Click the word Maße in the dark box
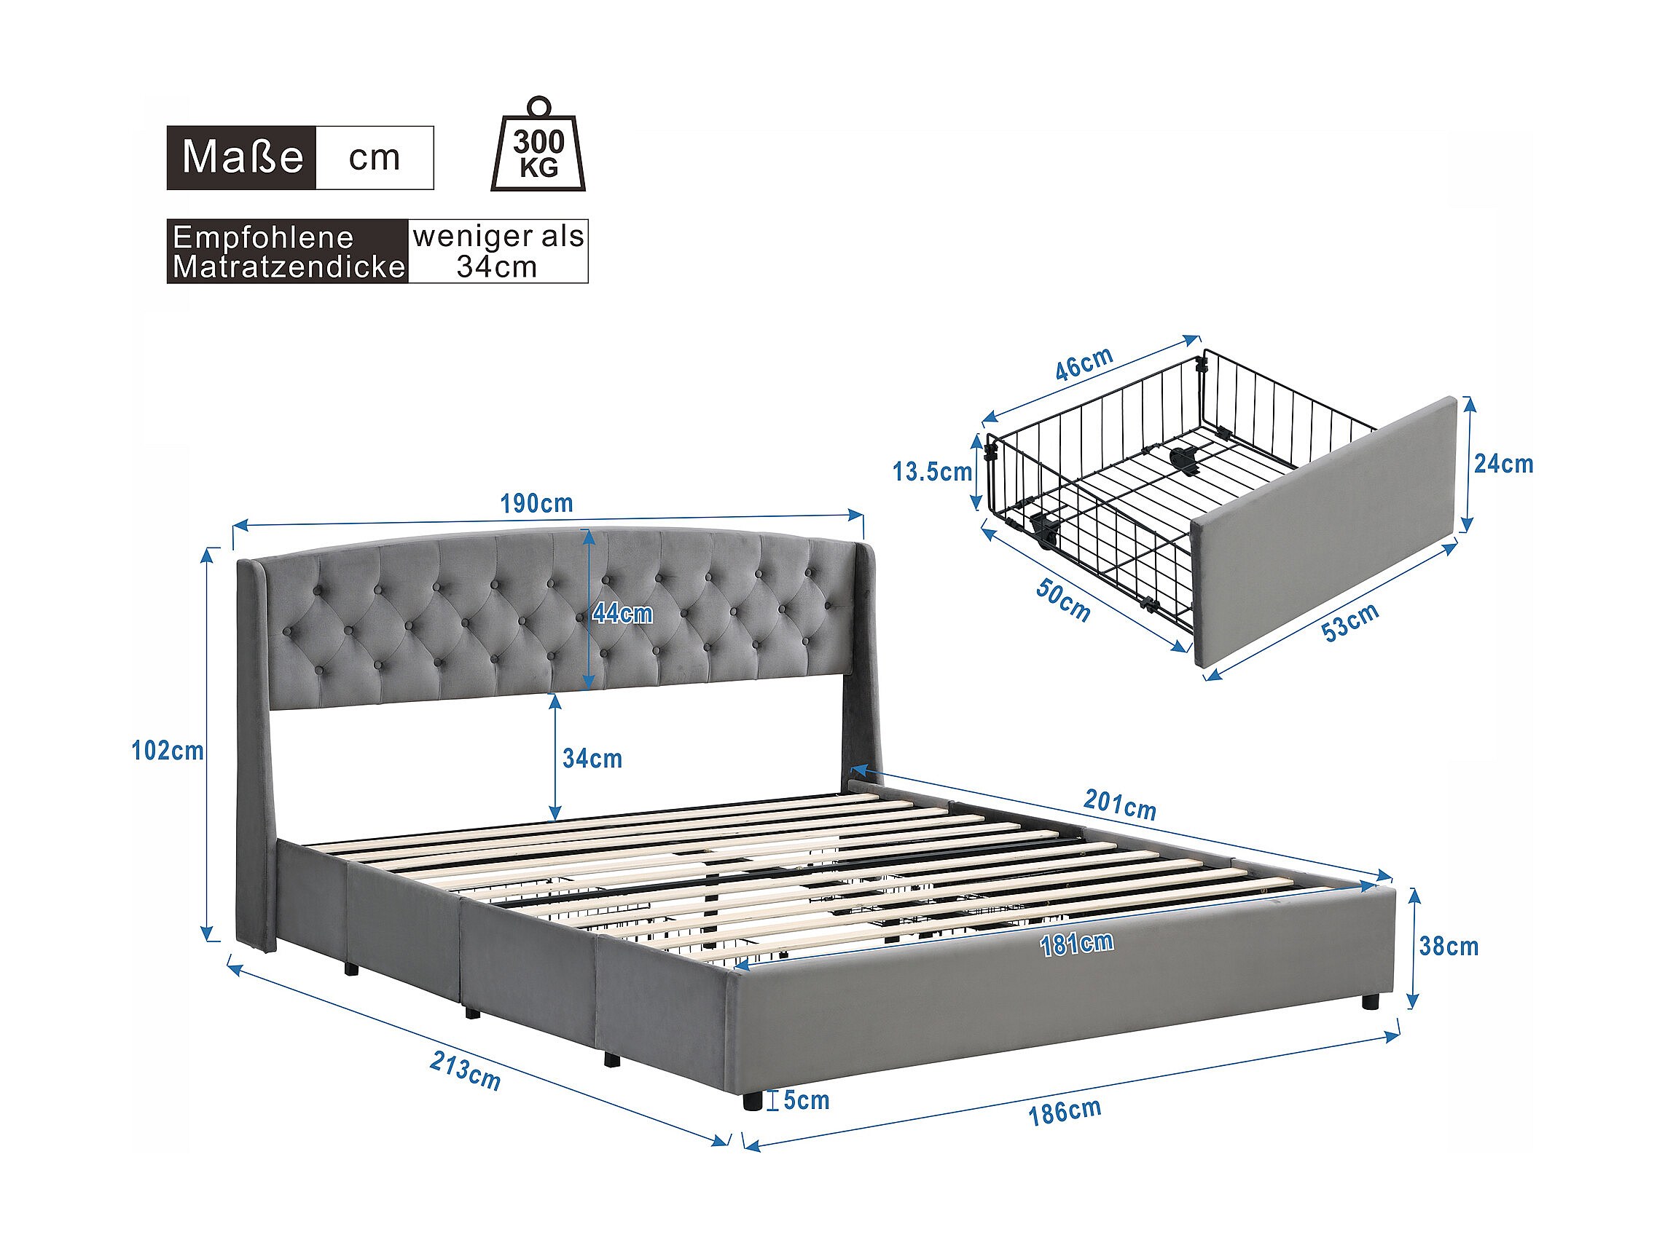tap(243, 157)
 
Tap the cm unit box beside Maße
tap(375, 157)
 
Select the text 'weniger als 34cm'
tap(498, 251)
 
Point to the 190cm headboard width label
tap(537, 503)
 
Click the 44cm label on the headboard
tap(622, 614)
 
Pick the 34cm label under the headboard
tap(592, 759)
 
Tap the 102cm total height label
tap(168, 751)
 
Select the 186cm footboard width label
tap(1065, 1112)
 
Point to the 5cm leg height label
tap(806, 1101)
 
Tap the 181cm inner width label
tap(1076, 944)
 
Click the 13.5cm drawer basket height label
tap(933, 472)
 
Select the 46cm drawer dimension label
tap(1084, 363)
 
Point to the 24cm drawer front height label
tap(1504, 464)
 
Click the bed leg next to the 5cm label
tap(751, 1101)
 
